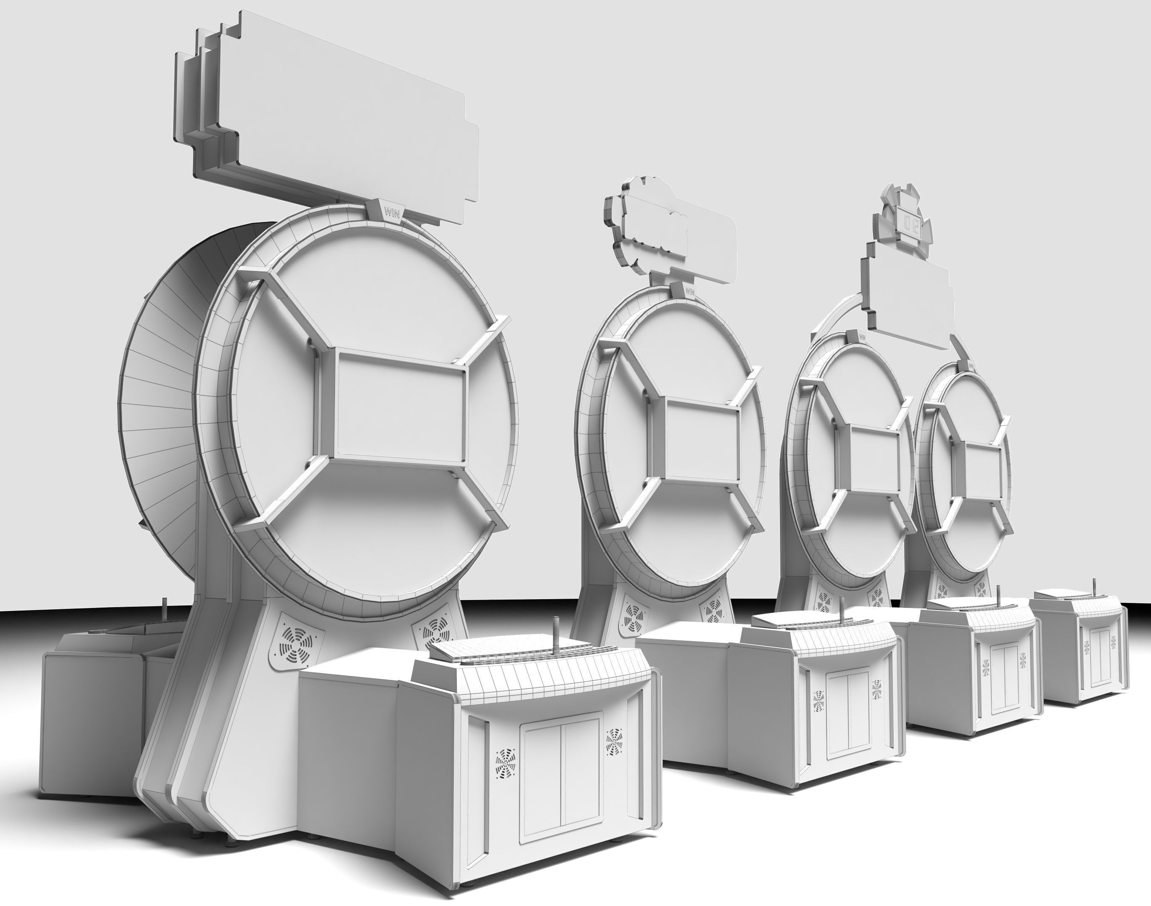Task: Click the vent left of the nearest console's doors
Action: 506,767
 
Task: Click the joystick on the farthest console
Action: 1092,589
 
